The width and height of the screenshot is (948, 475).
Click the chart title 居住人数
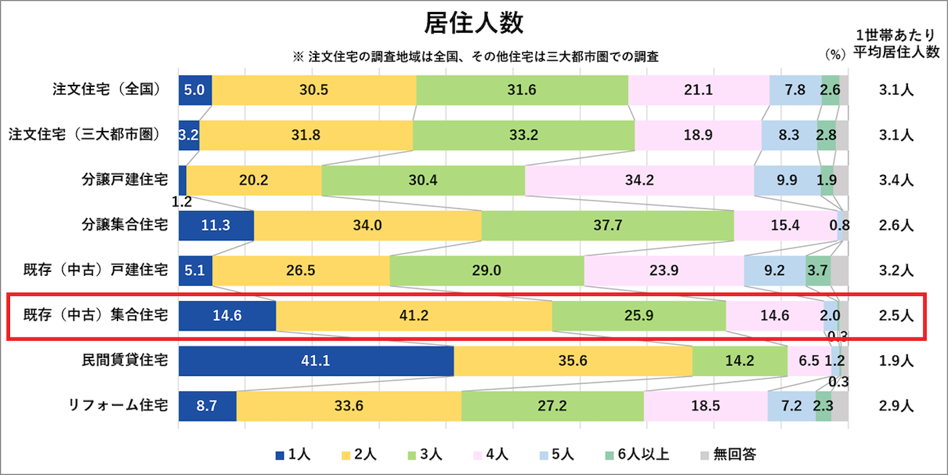[x=474, y=24]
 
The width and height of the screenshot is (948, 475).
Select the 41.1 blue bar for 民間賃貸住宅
[x=316, y=361]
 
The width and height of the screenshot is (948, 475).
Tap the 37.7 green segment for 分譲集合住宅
[x=608, y=225]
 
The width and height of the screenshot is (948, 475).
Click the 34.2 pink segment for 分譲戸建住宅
[x=639, y=180]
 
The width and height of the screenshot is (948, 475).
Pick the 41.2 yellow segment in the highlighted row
[x=414, y=316]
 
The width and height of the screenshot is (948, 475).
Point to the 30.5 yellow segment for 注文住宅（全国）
[x=314, y=90]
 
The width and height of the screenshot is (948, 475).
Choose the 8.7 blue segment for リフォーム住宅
[x=208, y=406]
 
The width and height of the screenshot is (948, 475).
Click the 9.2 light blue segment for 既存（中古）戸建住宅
[x=774, y=271]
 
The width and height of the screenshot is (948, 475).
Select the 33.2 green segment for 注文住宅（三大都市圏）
[x=523, y=135]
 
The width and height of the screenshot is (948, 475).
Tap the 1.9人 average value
[x=895, y=361]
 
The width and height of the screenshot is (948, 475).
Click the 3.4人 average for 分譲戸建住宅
[x=895, y=180]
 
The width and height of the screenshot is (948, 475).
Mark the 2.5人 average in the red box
[x=895, y=316]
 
